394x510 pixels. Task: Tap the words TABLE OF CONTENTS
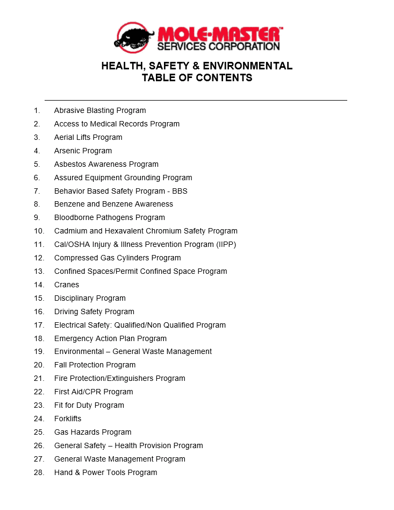197,78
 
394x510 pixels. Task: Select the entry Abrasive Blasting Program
100,110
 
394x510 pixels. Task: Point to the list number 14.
39,285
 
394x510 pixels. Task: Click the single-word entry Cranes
67,285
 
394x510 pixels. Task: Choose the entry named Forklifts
68,419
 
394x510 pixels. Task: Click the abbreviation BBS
180,191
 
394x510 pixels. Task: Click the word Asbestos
70,164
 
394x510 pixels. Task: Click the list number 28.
39,472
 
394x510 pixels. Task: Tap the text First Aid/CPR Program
94,392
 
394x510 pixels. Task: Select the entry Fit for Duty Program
89,405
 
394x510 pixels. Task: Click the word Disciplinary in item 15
74,298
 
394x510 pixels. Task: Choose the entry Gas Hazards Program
92,432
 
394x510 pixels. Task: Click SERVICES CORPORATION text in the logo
218,46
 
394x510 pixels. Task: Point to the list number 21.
39,378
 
